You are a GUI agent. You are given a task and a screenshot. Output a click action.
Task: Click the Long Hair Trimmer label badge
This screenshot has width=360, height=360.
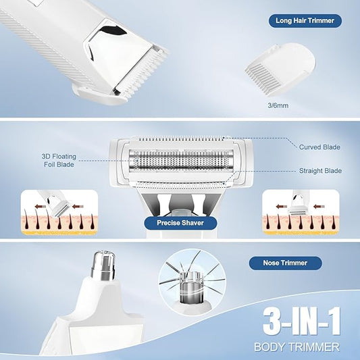305,21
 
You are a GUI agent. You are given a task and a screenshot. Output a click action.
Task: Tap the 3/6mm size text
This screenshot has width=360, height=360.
278,105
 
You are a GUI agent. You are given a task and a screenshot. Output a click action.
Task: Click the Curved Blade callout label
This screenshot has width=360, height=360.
319,147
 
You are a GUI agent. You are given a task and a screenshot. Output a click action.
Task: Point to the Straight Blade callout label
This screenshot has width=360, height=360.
320,171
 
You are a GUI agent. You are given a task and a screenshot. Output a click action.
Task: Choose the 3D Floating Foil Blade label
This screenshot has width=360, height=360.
59,161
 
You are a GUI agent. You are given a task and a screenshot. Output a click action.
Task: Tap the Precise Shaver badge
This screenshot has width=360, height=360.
180,223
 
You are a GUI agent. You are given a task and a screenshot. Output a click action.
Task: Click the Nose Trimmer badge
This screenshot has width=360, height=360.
286,263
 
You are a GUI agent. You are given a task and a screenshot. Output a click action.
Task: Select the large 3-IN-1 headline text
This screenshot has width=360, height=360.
301,322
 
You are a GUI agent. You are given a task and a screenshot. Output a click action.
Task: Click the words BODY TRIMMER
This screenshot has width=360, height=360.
297,347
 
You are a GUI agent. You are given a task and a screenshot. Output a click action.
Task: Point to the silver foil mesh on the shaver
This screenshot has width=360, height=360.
181,160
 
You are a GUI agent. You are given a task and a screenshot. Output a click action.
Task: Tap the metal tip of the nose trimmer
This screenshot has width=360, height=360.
103,265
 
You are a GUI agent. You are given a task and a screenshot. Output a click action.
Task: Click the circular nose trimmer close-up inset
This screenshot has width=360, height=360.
192,282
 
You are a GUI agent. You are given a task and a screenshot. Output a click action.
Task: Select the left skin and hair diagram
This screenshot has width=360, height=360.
59,212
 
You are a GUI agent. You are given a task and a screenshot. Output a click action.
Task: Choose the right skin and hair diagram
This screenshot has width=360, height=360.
301,212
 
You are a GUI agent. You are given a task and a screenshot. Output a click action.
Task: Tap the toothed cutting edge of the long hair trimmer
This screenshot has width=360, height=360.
143,74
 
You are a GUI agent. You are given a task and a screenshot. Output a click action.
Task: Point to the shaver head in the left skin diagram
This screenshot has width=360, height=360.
60,209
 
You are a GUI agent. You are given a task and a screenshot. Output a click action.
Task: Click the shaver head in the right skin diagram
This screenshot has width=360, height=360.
297,209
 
